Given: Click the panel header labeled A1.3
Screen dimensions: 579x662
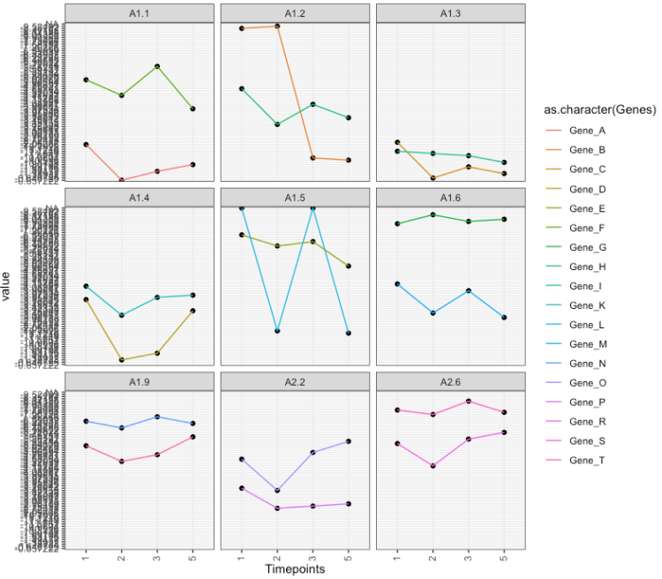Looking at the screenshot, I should pos(450,12).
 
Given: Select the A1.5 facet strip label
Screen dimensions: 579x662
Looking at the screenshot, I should pos(295,197).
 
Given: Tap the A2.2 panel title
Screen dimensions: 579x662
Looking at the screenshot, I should pos(295,380).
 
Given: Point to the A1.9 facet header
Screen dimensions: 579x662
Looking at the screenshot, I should pos(139,380).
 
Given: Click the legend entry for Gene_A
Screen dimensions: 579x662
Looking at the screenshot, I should pos(588,131).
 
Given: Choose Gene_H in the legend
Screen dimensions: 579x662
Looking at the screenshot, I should pos(588,267).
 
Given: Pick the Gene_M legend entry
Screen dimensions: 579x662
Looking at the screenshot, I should pos(588,344).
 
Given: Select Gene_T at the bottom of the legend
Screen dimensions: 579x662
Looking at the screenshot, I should pos(588,461).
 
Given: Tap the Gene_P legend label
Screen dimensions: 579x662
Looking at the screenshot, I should pos(588,402).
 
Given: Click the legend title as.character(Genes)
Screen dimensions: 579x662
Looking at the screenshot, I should pos(599,109).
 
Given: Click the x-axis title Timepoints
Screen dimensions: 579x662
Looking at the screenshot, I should pos(295,569).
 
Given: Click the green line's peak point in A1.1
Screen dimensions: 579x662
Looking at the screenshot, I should pos(157,66).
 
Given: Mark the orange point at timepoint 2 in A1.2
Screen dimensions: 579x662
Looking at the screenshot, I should pos(277,26).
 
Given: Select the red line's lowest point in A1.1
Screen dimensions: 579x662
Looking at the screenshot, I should pos(122,180).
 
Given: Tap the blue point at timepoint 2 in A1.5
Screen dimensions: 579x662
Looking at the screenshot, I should pos(277,331).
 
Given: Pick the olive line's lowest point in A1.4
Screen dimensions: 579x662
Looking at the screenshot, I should pos(122,359).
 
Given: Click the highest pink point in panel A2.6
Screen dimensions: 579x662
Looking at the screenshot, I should pos(469,402).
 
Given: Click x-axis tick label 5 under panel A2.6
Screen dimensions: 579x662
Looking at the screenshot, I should pos(504,558).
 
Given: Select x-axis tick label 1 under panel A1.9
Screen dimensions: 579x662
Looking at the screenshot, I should pos(86,558).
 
